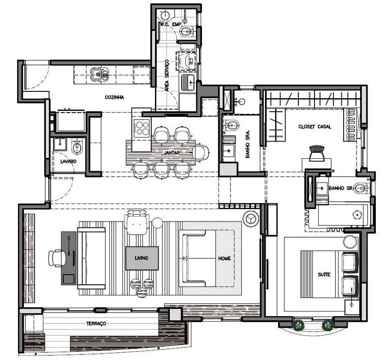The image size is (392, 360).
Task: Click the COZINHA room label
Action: tap(114, 97)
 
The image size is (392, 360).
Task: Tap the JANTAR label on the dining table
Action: tap(171, 153)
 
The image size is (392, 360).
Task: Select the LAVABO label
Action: tap(68, 162)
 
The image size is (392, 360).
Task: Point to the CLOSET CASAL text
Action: tap(315, 126)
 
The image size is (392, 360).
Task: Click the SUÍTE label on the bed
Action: tap(324, 275)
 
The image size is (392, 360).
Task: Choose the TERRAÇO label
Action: tap(96, 324)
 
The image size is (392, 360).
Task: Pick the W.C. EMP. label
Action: tap(169, 24)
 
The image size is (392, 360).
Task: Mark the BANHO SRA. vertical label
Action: tap(248, 147)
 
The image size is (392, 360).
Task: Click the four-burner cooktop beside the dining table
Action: tap(141, 126)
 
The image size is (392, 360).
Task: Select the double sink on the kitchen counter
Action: tap(99, 74)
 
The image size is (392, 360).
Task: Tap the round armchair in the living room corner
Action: tap(251, 218)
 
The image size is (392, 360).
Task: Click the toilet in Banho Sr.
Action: tap(363, 188)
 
